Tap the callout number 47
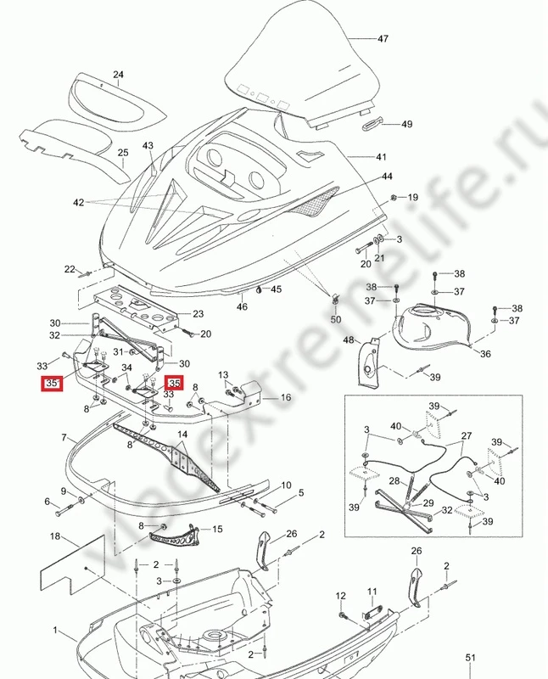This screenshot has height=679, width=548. [x=383, y=39]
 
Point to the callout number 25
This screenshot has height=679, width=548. [x=123, y=153]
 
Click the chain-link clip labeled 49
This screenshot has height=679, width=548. [x=374, y=125]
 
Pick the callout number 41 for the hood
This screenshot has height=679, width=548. [x=381, y=157]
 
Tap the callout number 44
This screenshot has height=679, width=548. [x=387, y=177]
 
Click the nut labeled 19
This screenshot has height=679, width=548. [x=394, y=198]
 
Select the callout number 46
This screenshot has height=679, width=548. [x=243, y=306]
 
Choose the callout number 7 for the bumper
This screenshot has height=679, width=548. [x=64, y=437]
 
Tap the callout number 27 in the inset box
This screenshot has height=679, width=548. [x=466, y=436]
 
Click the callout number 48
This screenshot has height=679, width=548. [x=347, y=340]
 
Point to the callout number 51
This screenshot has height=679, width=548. [x=471, y=657]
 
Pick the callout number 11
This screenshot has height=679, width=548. [x=371, y=591]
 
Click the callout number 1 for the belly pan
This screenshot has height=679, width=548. [x=57, y=631]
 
